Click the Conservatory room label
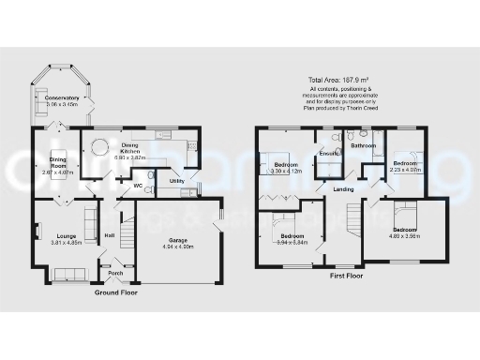point(64,97)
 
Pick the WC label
point(137,186)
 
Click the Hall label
point(109,234)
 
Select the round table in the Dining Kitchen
point(97,145)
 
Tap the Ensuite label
point(328,153)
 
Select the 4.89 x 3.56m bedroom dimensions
point(406,236)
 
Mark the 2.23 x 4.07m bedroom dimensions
point(406,170)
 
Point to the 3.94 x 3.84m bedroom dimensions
point(292,241)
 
